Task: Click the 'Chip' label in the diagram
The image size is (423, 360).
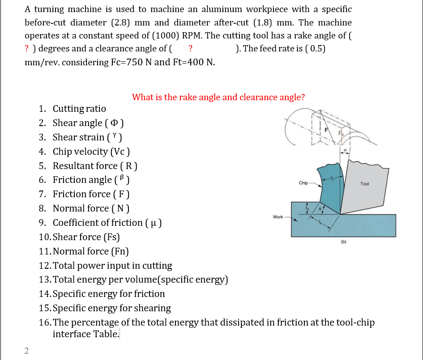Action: pos(303,183)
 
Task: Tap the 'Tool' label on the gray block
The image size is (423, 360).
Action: pos(364,184)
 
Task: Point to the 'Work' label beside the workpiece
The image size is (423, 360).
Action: pos(278,217)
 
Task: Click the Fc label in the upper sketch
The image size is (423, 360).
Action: pos(341,133)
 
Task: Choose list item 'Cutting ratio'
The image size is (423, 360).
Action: pos(79,109)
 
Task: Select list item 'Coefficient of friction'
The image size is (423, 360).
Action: pos(107,223)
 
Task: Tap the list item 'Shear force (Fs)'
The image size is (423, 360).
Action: pos(86,237)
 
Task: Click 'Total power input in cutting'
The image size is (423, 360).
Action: pos(112,266)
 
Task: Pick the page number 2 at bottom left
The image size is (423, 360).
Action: pos(26,351)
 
